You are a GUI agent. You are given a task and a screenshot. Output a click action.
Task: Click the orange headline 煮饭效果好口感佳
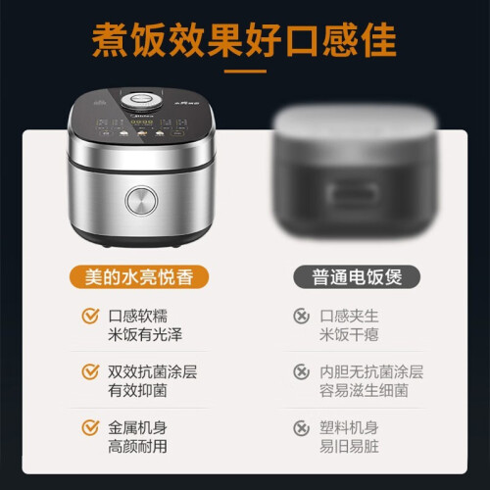click(x=244, y=40)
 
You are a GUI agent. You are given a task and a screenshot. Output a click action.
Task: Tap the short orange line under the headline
click(x=245, y=72)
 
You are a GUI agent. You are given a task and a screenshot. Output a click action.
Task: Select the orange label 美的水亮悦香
click(x=139, y=277)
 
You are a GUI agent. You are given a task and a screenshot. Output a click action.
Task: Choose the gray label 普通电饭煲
click(x=357, y=277)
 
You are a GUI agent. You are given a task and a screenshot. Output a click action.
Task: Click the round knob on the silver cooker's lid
click(x=141, y=101)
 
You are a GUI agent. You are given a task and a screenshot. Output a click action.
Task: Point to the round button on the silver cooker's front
click(x=141, y=201)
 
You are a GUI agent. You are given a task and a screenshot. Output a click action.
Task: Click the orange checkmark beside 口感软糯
click(x=90, y=316)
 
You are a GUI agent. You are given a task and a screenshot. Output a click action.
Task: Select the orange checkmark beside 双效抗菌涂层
click(x=90, y=371)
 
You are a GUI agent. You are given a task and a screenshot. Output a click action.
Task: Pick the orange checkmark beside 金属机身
click(x=90, y=427)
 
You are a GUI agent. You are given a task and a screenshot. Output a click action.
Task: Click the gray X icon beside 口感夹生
click(x=301, y=316)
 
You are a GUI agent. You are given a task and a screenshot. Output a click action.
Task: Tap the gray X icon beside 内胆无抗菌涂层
click(x=301, y=371)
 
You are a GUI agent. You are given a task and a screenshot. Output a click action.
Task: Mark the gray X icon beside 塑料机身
click(x=301, y=427)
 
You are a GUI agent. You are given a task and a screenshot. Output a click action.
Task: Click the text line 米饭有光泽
click(x=145, y=334)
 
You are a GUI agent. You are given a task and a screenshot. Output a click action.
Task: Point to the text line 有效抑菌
click(x=137, y=390)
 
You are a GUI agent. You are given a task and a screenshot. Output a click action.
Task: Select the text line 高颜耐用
click(x=137, y=446)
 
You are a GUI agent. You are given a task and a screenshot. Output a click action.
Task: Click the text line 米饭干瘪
click(x=349, y=334)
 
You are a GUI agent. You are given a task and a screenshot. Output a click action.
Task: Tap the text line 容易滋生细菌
click(x=364, y=390)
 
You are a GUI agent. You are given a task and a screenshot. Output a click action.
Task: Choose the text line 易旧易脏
click(x=349, y=446)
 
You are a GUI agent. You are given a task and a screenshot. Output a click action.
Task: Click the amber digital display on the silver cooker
click(x=142, y=122)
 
